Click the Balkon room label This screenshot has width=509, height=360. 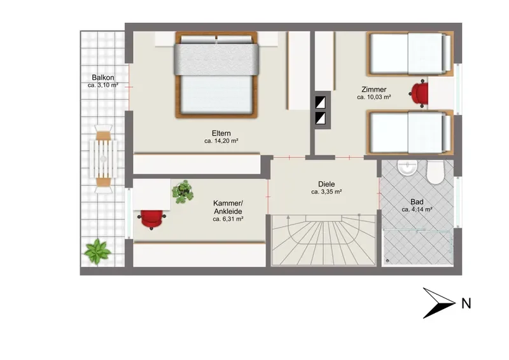103,78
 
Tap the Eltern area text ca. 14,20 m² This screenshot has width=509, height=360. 221,141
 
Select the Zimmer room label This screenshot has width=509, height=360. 374,89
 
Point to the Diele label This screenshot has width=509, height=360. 326,184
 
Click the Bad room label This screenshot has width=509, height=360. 417,202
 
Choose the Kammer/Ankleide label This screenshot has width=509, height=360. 228,207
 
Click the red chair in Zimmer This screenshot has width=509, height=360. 419,93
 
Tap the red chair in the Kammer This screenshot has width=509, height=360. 151,219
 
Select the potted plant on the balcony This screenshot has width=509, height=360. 97,252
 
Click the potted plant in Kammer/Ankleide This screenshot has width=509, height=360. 183,192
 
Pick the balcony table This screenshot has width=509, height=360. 104,159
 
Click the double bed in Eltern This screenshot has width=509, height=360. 216,74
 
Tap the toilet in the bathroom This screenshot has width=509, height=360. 435,172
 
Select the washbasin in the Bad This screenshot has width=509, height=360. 407,167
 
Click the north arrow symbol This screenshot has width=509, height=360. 439,303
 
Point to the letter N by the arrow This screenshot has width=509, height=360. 466,303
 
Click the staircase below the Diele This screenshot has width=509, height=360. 323,240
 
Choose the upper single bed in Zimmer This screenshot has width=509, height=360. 410,54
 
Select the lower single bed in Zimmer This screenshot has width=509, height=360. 410,132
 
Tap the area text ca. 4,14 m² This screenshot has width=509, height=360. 417,210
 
